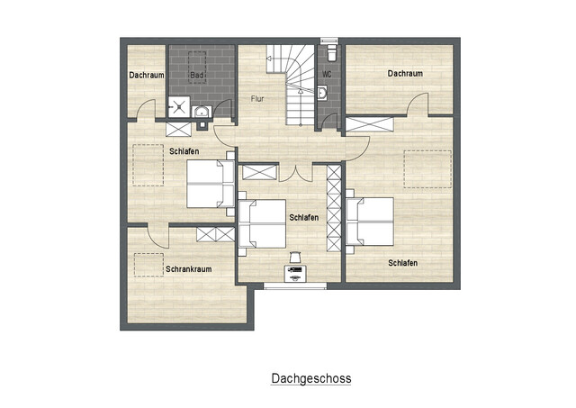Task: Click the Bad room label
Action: click(196, 76)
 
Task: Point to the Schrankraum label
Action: click(187, 268)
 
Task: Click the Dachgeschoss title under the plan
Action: click(311, 379)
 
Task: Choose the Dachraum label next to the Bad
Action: click(146, 76)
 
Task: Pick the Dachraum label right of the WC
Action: click(405, 74)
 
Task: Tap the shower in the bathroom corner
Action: click(179, 108)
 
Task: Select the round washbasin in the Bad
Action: click(201, 112)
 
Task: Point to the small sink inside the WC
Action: click(322, 91)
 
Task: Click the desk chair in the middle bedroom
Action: click(294, 256)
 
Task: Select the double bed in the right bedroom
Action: click(371, 222)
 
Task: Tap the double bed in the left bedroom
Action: click(210, 183)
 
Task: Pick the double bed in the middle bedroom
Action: click(262, 222)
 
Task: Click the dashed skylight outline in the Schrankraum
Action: click(144, 264)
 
